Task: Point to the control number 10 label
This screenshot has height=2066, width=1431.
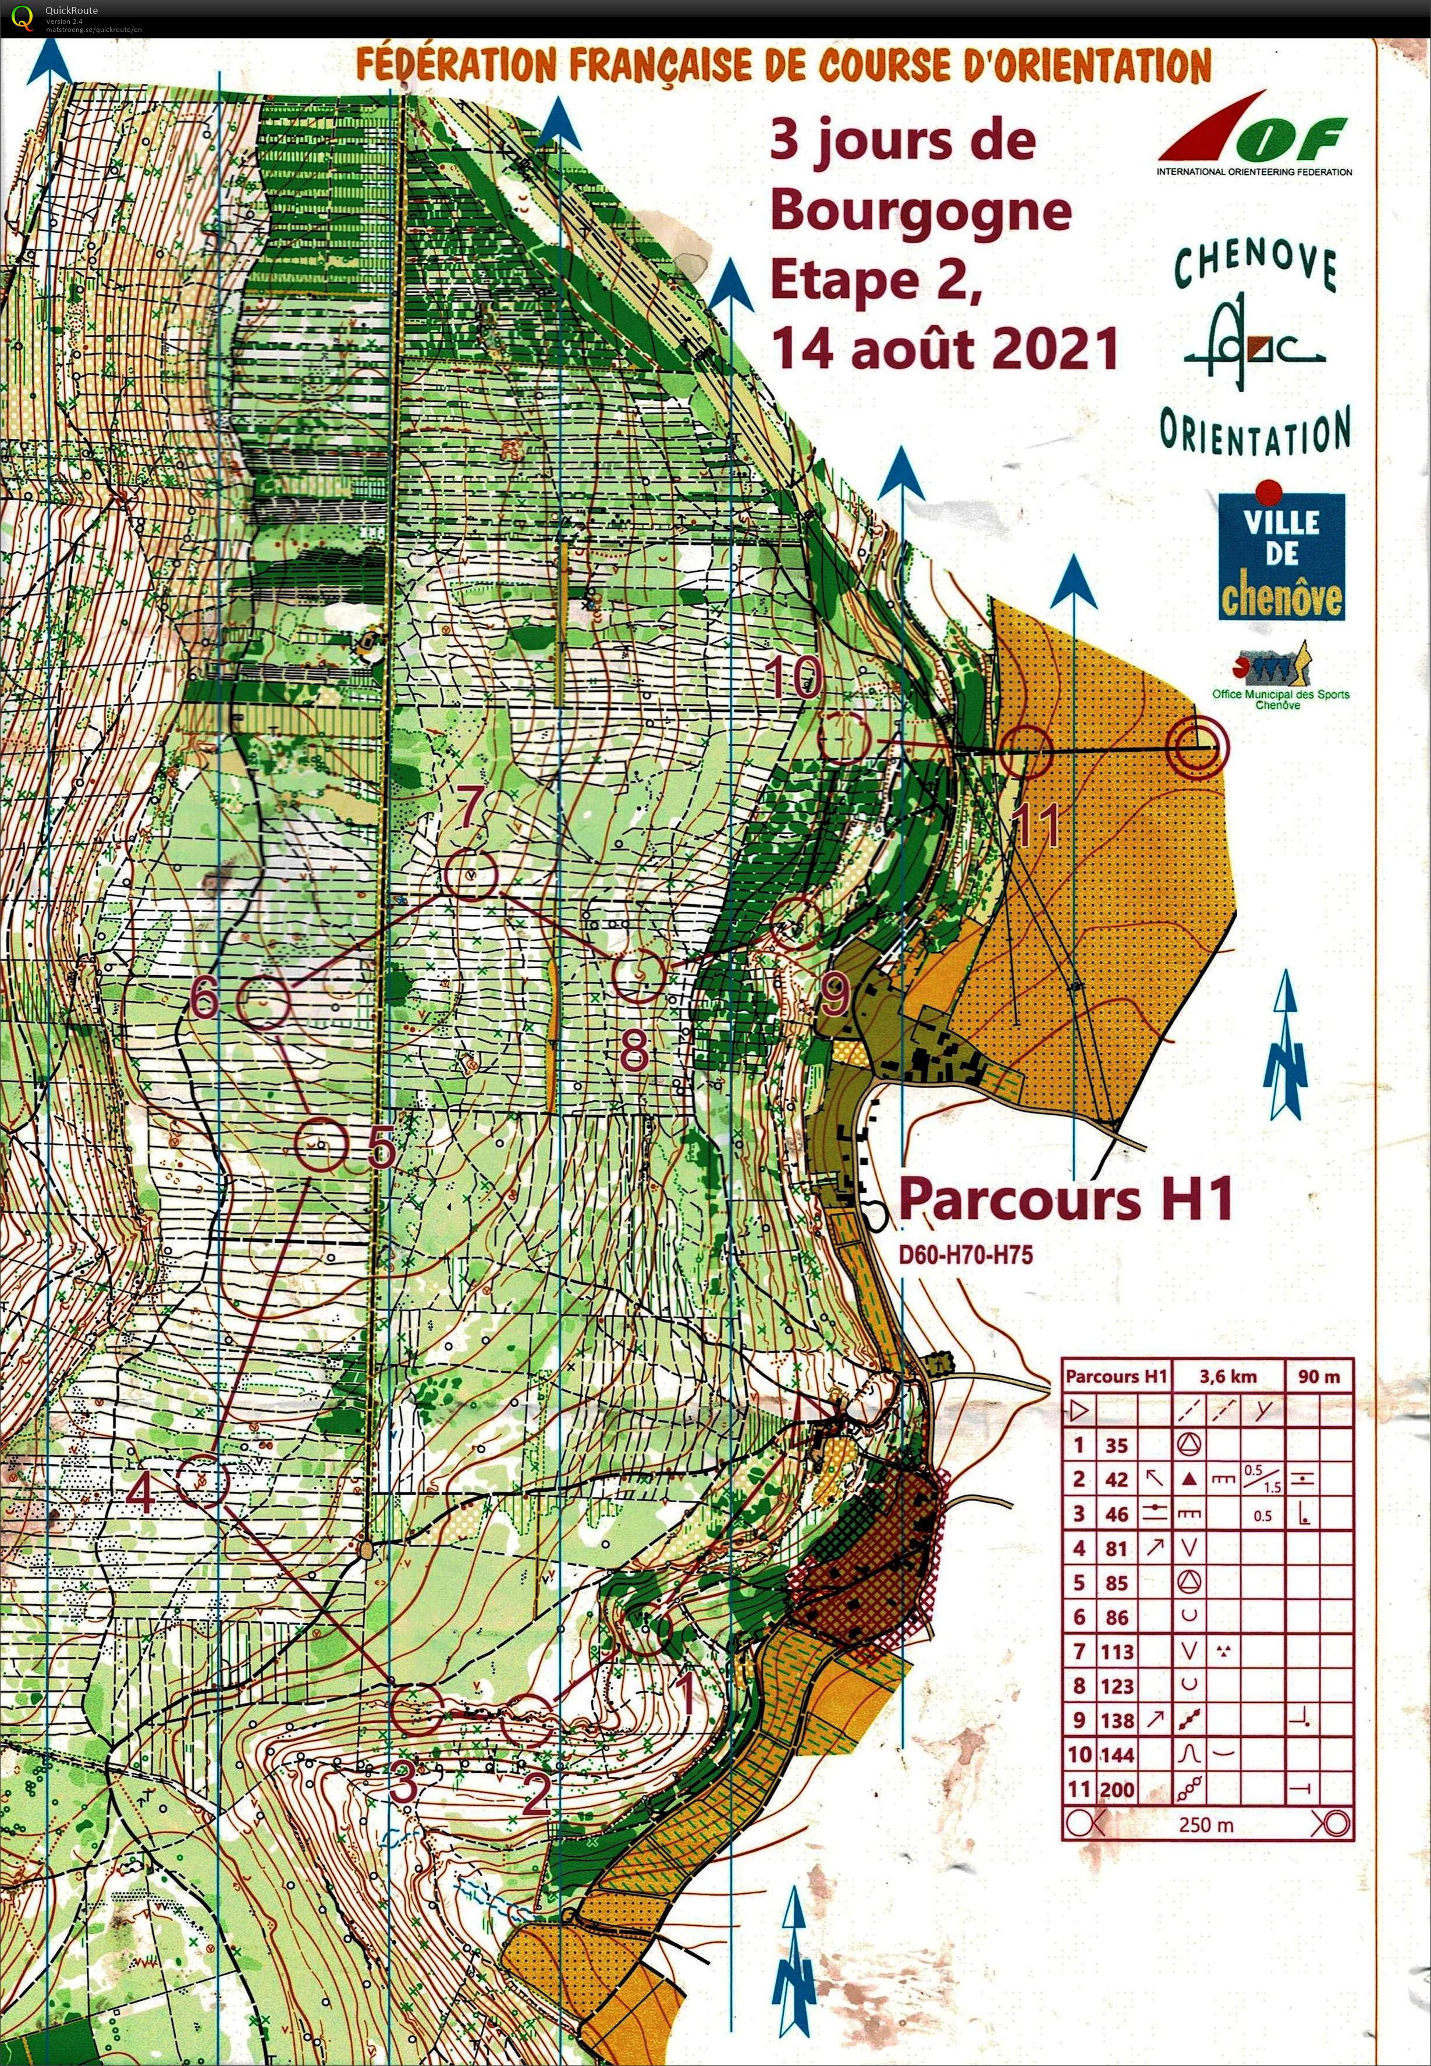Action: click(794, 677)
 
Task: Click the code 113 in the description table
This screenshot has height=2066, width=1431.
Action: click(1116, 1651)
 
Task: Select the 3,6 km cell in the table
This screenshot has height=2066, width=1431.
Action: click(1227, 1376)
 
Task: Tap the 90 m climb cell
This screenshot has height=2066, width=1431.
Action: click(1319, 1376)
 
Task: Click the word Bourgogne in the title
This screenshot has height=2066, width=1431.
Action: click(921, 212)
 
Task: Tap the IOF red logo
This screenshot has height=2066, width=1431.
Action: click(1254, 134)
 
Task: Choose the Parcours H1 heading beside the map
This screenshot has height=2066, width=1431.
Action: click(1065, 1199)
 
